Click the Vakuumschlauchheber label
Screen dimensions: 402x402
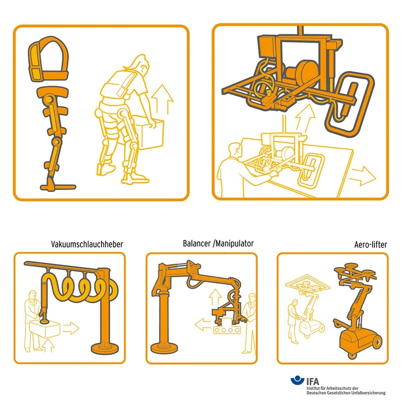(x=87, y=244)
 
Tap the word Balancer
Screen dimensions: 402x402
(x=196, y=243)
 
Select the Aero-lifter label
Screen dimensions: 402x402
(x=371, y=245)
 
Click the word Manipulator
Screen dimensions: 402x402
(x=234, y=243)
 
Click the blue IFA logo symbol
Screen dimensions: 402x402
(x=297, y=380)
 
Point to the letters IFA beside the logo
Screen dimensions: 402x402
(x=313, y=381)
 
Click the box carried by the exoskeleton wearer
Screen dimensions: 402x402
(x=150, y=133)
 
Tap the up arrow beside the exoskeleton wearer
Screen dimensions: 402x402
(x=163, y=99)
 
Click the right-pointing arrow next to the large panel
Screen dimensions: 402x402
(x=364, y=176)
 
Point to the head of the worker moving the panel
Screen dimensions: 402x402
(x=235, y=150)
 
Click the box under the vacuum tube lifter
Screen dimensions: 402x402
(x=45, y=328)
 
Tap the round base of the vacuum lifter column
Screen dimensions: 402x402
(x=105, y=347)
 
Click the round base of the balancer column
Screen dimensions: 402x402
(x=164, y=347)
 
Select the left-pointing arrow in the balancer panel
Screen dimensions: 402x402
(x=203, y=324)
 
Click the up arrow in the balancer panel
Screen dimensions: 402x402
(x=215, y=297)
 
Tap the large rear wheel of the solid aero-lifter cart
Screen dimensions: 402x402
(x=377, y=342)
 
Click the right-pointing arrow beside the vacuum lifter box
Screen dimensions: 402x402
(x=71, y=328)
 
